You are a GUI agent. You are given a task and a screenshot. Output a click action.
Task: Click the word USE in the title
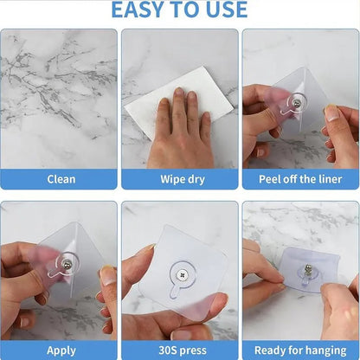click(225, 10)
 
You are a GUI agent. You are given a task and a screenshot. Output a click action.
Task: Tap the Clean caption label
click(61, 179)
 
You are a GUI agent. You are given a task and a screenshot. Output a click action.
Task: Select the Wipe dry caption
click(180, 179)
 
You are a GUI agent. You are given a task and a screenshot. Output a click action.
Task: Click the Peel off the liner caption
click(300, 179)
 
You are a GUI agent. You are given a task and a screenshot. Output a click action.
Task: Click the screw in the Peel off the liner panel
click(298, 103)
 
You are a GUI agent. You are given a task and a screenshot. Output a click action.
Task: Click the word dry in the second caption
click(197, 179)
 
